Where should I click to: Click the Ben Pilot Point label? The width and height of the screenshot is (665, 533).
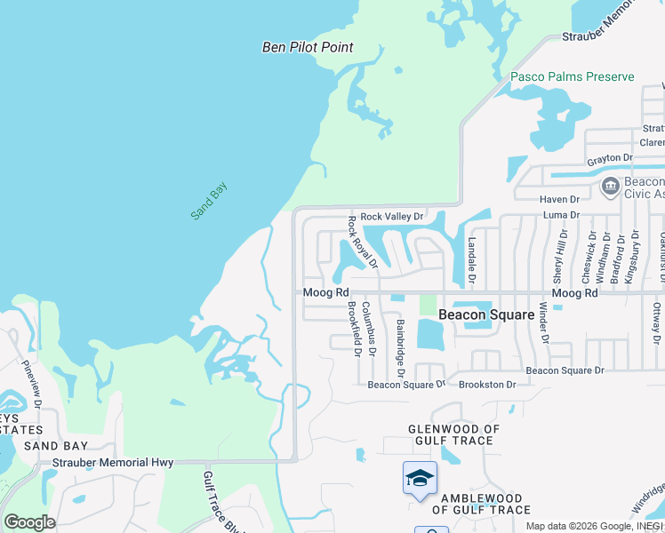308,47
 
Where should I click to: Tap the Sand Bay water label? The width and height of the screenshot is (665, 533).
209,201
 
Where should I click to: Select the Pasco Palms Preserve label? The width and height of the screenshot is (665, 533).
573,76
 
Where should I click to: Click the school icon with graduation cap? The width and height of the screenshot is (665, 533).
420,479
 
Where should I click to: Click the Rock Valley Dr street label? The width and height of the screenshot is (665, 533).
392,216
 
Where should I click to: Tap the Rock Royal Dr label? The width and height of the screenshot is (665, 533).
363,241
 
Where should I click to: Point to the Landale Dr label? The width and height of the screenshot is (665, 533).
472,259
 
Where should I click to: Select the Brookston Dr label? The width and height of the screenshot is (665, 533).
487,385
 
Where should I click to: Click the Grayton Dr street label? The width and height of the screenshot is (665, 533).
609,158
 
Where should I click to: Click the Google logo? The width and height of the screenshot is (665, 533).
29,522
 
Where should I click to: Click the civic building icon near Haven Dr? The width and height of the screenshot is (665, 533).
611,186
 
